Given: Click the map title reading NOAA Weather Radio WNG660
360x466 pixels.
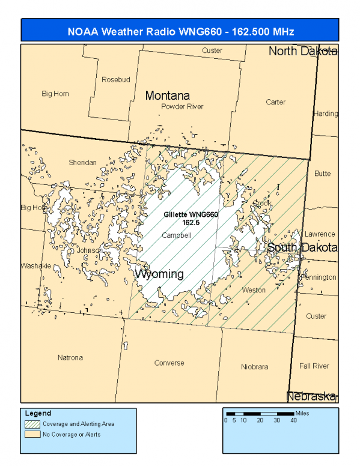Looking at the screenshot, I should point(180,31).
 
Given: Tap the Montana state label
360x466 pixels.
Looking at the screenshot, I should point(167,95).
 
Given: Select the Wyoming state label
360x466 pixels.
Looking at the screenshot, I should point(159,274).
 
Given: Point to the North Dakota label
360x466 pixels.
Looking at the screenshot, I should point(302,51).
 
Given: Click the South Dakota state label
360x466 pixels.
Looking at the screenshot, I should point(302,247).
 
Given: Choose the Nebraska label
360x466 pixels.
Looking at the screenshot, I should point(311,396).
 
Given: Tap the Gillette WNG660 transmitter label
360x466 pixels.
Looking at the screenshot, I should point(191,214).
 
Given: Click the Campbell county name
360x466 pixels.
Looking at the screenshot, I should point(177,235).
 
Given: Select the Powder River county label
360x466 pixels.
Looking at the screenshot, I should point(182,106).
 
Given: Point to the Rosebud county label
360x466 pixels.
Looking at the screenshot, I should point(115,79).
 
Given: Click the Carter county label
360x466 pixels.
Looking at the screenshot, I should point(276,102).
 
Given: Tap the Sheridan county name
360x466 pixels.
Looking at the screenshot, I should point(82,163).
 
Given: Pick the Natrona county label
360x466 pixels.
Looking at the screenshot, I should point(70,358).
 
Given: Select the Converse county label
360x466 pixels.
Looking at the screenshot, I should point(169,363).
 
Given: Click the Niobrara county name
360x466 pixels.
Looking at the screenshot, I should point(254,366).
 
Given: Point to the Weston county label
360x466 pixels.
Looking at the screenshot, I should point(254,290).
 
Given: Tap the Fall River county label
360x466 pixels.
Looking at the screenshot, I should point(314,366).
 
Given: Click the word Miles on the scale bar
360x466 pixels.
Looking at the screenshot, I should point(303,413).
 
